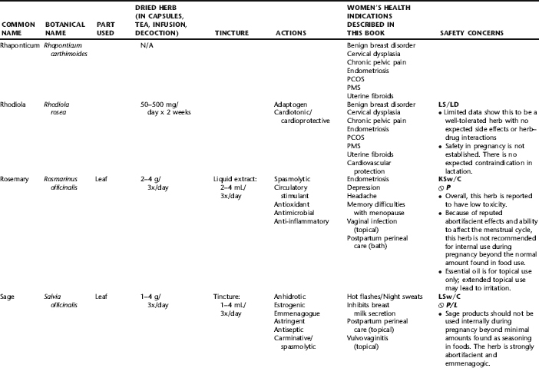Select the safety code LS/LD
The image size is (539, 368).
(x=449, y=103)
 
